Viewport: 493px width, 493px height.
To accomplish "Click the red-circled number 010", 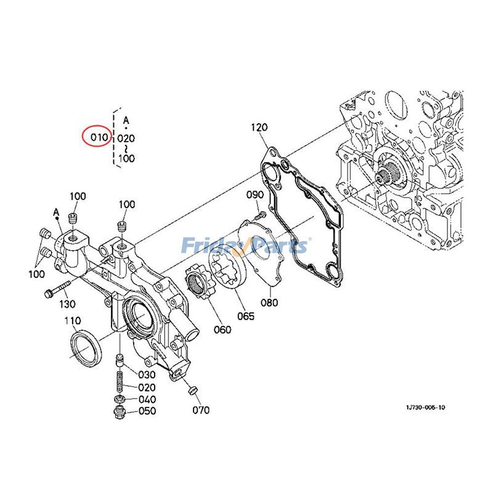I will coord(98,137).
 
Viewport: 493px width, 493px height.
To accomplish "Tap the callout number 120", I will coord(259,128).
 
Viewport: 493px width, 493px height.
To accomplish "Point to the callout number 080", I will coord(269,303).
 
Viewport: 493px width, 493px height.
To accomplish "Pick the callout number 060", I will coord(222,330).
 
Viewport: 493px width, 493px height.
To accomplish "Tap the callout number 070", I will coord(200,410).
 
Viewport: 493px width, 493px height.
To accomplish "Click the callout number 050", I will coord(147,412).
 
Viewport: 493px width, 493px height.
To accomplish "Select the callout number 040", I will coord(147,399).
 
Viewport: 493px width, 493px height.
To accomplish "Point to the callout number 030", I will coord(147,375).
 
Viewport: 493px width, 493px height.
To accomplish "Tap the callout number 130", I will coord(67,304).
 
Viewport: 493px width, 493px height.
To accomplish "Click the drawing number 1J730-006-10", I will coord(425,408).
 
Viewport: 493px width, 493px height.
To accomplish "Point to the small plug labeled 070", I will coord(190,390).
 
